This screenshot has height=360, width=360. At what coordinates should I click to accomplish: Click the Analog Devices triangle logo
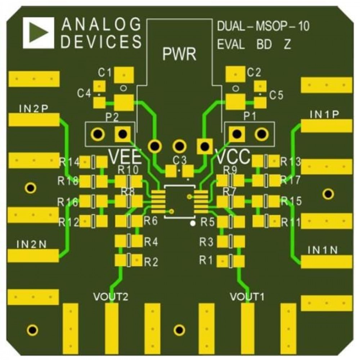[39, 33]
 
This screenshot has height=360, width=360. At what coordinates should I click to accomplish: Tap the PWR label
[179, 54]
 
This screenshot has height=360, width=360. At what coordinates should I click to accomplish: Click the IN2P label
[33, 109]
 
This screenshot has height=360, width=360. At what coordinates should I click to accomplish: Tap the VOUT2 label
[111, 297]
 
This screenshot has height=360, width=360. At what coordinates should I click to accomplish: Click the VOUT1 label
[247, 297]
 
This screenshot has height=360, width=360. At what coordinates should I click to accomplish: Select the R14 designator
[69, 162]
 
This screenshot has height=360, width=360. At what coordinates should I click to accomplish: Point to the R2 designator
[151, 262]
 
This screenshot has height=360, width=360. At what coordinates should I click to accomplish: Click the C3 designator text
[180, 161]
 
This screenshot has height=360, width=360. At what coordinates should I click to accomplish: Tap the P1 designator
[249, 116]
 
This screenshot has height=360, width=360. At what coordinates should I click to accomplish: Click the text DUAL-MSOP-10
[264, 26]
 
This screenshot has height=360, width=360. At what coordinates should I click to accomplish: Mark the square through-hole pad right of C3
[204, 146]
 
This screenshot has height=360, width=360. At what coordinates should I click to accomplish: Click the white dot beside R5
[193, 223]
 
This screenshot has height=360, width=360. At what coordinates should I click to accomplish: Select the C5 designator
[276, 95]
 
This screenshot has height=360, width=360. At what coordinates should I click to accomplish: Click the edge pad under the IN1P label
[326, 126]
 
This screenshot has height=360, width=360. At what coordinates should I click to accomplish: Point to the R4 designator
[151, 242]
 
